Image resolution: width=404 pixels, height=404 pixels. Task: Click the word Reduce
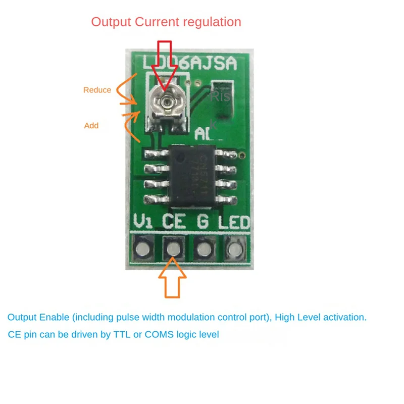(97, 90)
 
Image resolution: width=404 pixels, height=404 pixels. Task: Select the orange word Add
(91, 125)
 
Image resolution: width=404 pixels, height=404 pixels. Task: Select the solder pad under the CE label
(173, 248)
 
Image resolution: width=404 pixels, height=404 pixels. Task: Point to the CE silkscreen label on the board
(175, 221)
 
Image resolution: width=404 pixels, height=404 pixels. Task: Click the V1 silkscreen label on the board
(143, 221)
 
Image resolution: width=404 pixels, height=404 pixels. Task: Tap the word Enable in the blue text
(55, 318)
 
